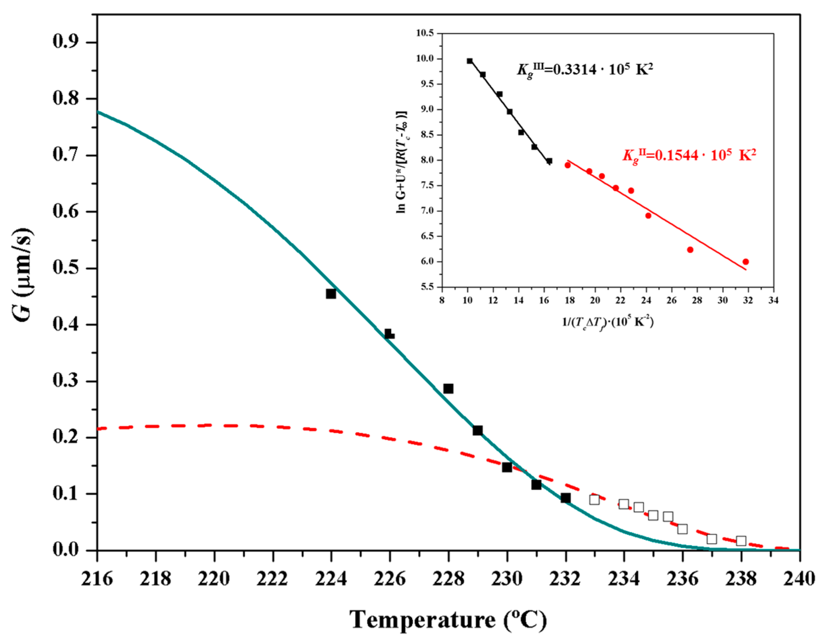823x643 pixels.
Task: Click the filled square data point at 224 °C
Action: pyautogui.click(x=331, y=294)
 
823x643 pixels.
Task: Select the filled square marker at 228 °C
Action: pyautogui.click(x=448, y=388)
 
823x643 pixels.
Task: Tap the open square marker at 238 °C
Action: pyautogui.click(x=741, y=541)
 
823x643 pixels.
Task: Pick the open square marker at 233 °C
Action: pyautogui.click(x=594, y=499)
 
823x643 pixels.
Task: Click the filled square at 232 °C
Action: pyautogui.click(x=565, y=498)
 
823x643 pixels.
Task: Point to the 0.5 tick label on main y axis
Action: pyautogui.click(x=68, y=268)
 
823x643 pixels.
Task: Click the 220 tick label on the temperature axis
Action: pyautogui.click(x=214, y=578)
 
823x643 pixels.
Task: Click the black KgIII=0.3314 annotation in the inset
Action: pyautogui.click(x=584, y=70)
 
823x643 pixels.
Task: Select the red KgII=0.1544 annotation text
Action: pyautogui.click(x=689, y=155)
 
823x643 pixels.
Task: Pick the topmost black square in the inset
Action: pyautogui.click(x=470, y=61)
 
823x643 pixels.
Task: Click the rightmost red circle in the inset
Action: pyautogui.click(x=745, y=262)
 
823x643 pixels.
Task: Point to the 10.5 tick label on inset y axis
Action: pyautogui.click(x=425, y=33)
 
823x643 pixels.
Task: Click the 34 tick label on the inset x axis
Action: pyautogui.click(x=773, y=300)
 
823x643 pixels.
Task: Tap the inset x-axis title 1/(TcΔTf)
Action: pyautogui.click(x=608, y=322)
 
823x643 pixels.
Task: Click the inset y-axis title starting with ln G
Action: pyautogui.click(x=402, y=162)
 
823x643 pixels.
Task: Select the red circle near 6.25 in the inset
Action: pyautogui.click(x=690, y=250)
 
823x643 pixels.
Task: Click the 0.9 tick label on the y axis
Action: pyautogui.click(x=68, y=42)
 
